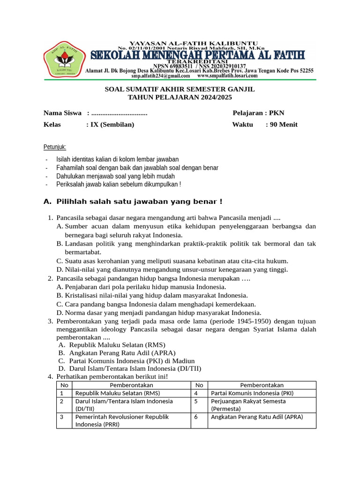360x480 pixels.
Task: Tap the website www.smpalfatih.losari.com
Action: pyautogui.click(x=227, y=75)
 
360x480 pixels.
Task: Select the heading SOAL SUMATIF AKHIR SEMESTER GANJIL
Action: pyautogui.click(x=180, y=89)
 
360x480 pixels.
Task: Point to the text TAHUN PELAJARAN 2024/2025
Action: pyautogui.click(x=180, y=97)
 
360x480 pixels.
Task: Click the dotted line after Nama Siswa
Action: pyautogui.click(x=119, y=113)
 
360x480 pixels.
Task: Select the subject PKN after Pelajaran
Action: pyautogui.click(x=277, y=113)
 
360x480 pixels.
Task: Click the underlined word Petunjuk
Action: pyautogui.click(x=55, y=147)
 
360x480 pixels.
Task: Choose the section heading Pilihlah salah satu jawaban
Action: pyautogui.click(x=139, y=202)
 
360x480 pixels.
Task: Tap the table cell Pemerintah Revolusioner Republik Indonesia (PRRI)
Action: pyautogui.click(x=122, y=420)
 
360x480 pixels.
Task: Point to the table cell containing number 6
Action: pyautogui.click(x=199, y=417)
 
